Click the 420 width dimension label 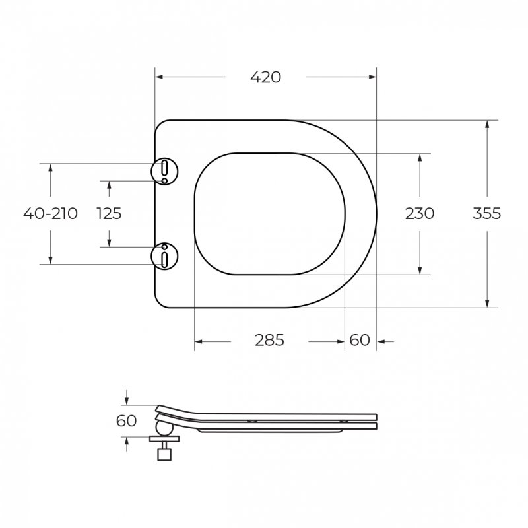(265, 77)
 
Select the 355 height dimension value (486, 213)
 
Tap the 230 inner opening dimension (420, 213)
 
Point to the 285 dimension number (269, 341)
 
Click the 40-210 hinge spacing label (50, 213)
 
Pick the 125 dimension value (109, 213)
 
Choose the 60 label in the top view (359, 341)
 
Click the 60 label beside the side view (126, 420)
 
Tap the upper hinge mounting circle (164, 170)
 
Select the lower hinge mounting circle (164, 255)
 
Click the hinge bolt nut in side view (164, 453)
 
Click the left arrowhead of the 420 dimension (159, 77)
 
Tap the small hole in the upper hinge (164, 179)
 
